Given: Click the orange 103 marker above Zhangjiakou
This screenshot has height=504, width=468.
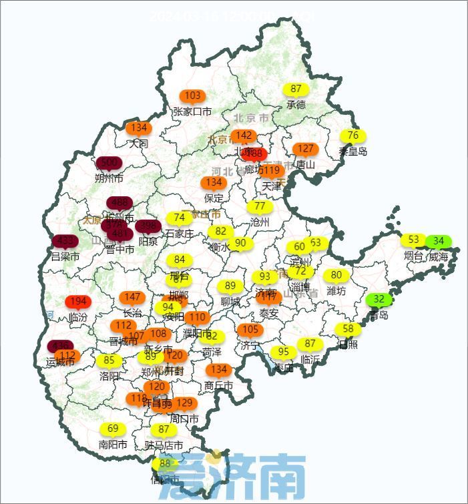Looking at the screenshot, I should (192, 95).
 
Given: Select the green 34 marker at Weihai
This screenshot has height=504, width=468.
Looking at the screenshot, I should (439, 241).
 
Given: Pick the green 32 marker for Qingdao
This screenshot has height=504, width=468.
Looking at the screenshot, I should (379, 299).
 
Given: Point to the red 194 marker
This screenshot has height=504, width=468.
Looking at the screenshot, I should (78, 302).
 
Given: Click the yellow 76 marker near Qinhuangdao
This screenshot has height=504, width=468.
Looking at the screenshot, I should (353, 136).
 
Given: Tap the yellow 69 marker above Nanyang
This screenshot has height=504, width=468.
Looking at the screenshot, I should (113, 429).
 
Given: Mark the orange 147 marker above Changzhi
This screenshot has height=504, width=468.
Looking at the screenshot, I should (133, 297).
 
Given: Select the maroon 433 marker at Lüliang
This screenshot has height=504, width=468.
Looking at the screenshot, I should (65, 240).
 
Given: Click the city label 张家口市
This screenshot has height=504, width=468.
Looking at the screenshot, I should (192, 111).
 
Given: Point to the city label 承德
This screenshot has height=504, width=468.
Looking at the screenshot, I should (296, 105).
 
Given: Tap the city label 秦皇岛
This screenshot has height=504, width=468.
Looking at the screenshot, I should (353, 152).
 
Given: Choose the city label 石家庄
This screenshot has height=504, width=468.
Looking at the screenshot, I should (179, 234).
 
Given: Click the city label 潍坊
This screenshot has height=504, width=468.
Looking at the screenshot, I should (336, 291).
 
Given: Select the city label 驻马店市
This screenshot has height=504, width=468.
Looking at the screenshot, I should (164, 445).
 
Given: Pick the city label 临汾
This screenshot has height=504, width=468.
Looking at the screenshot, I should (78, 318).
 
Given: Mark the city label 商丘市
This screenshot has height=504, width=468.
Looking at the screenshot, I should (218, 386).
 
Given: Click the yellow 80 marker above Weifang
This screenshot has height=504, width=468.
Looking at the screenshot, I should (336, 275).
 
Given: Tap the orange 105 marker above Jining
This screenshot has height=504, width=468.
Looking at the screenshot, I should (250, 330).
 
